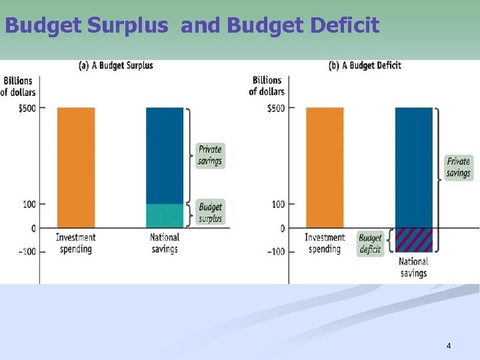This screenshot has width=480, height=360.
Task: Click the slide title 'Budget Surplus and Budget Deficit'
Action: click(x=192, y=25)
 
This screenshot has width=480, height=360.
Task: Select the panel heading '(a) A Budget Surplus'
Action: click(x=116, y=65)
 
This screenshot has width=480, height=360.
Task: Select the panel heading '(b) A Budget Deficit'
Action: click(x=365, y=65)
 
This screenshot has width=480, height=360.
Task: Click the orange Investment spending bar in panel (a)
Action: click(x=76, y=167)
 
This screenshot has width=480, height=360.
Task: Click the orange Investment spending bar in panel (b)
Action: click(x=325, y=167)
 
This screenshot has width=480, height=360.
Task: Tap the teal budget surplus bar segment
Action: click(x=164, y=216)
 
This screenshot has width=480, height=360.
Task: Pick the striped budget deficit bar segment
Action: click(x=413, y=239)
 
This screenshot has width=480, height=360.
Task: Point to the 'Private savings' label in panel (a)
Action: click(x=210, y=155)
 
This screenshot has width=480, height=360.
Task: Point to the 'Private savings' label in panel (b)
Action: click(x=458, y=167)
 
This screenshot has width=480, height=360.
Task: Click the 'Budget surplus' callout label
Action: click(x=210, y=213)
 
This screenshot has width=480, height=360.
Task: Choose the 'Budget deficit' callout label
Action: click(x=370, y=244)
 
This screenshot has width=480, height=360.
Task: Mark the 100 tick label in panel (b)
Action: click(x=277, y=204)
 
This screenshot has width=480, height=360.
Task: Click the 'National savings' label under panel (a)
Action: click(x=164, y=243)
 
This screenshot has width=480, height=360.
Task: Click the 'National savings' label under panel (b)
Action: click(x=413, y=267)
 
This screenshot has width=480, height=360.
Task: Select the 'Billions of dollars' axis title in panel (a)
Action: click(x=18, y=86)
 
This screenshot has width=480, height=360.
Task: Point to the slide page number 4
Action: click(x=449, y=346)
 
